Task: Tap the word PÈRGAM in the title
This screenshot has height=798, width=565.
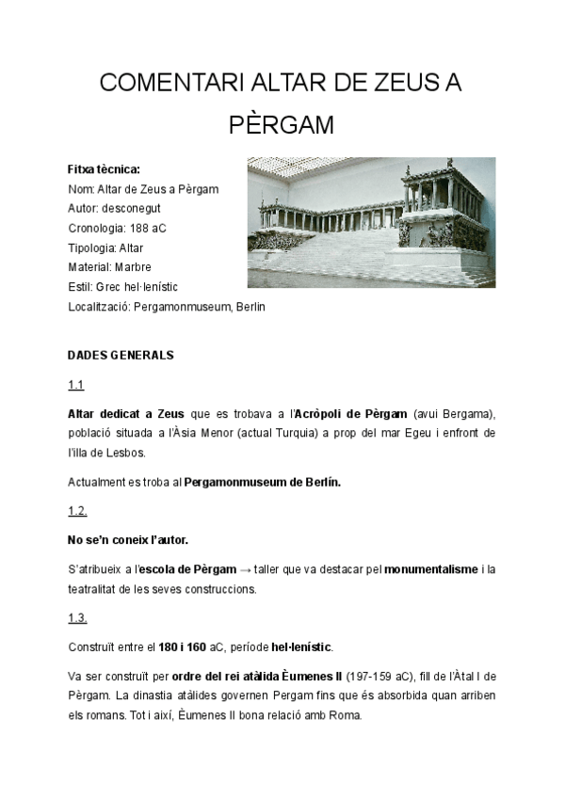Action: pyautogui.click(x=282, y=126)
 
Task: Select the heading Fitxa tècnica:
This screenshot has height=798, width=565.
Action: pyautogui.click(x=104, y=170)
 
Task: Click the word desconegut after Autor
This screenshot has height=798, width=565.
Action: pyautogui.click(x=134, y=208)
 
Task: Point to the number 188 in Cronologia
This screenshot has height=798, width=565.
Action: pyautogui.click(x=143, y=228)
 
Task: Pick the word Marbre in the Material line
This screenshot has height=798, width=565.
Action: pyautogui.click(x=133, y=267)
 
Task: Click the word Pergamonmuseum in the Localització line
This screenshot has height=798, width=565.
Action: pyautogui.click(x=178, y=307)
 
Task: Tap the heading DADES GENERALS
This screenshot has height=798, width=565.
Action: pyautogui.click(x=121, y=356)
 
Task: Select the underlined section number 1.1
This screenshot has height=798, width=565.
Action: pyautogui.click(x=76, y=385)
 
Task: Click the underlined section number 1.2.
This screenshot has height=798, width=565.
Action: pyautogui.click(x=78, y=511)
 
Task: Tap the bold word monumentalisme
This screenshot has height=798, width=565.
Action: pyautogui.click(x=431, y=570)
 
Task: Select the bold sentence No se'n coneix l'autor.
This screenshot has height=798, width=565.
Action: pyautogui.click(x=128, y=540)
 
